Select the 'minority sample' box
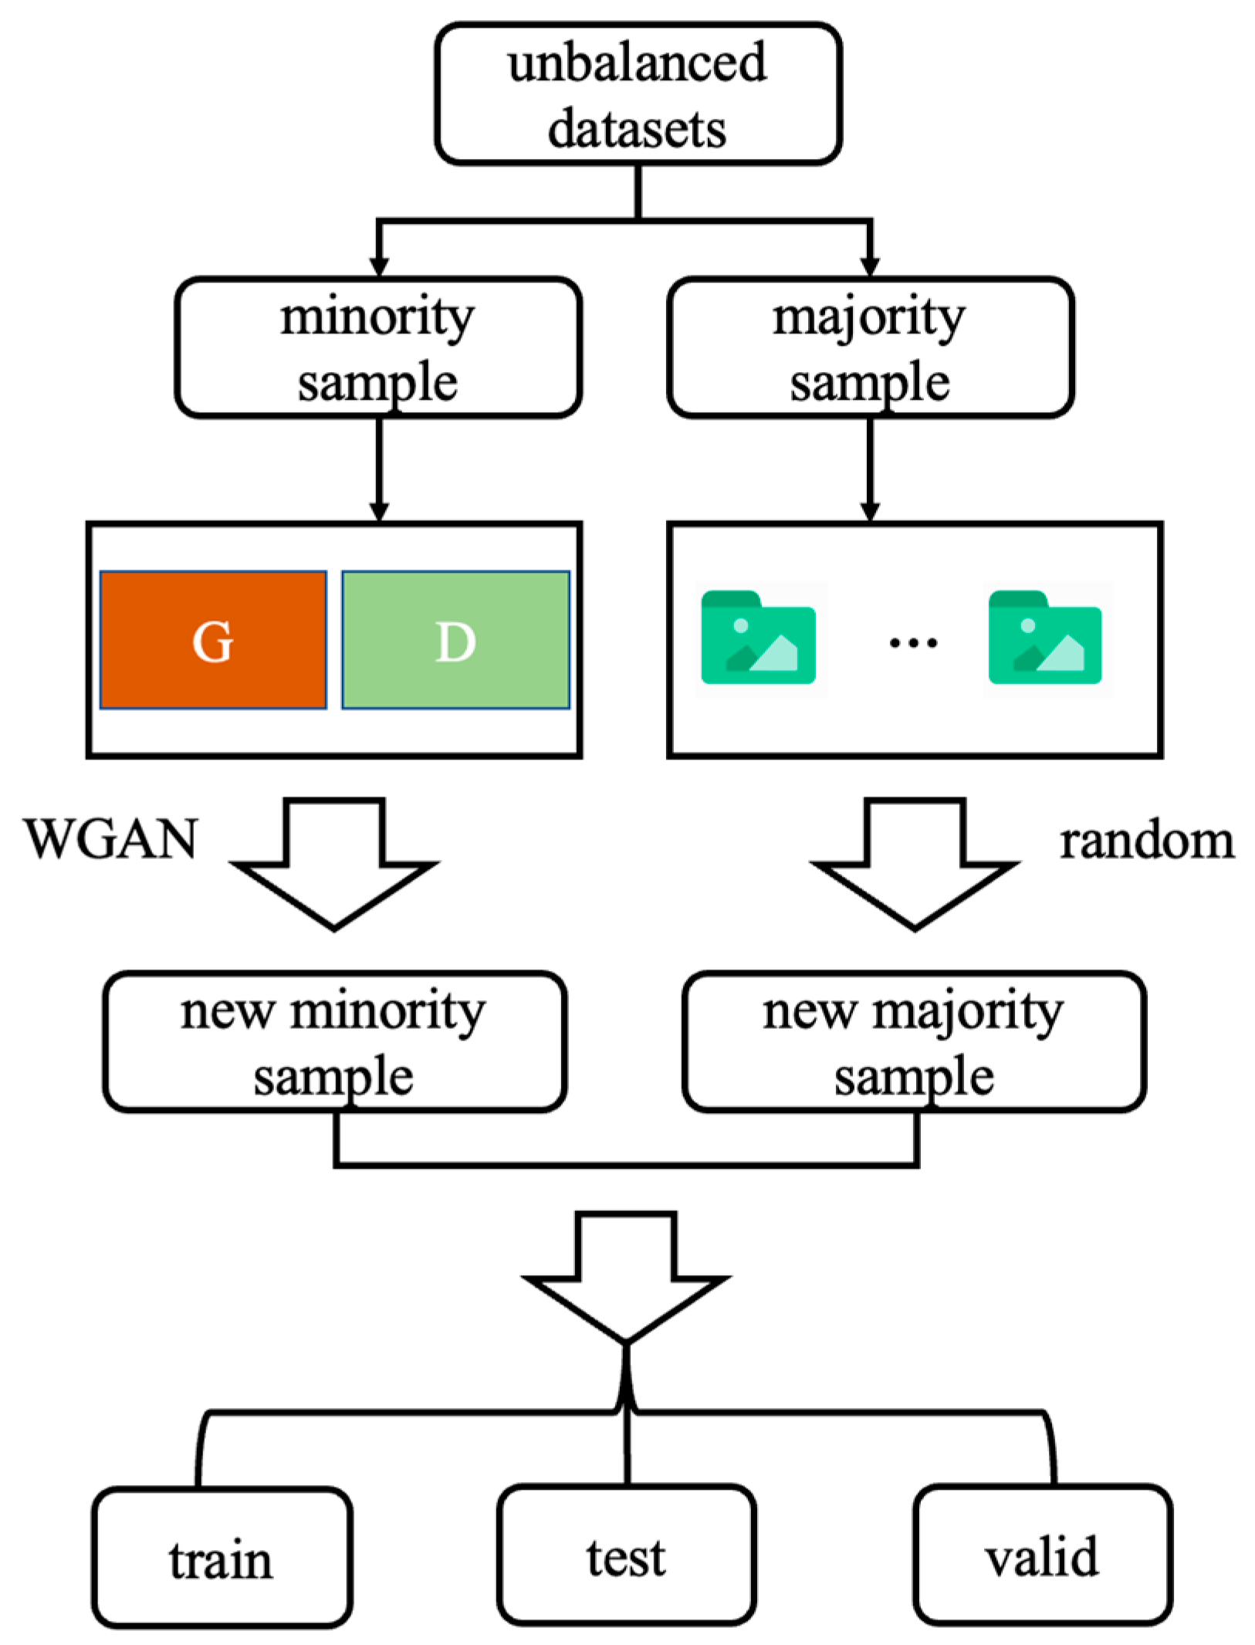377,347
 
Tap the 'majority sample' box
869,347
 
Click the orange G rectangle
212,639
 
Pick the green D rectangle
455,639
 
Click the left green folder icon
758,638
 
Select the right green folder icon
1045,638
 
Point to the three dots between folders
913,641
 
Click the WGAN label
110,838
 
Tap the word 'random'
1146,841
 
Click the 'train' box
222,1558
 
